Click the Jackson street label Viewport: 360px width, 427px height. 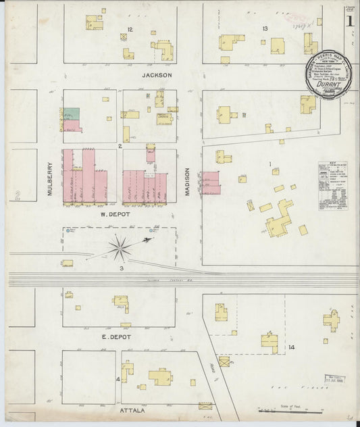pos(157,76)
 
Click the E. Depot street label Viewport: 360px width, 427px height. pos(116,336)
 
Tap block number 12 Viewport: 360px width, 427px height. pos(130,29)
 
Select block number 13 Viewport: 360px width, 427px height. pos(265,28)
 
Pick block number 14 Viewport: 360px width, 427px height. pos(291,347)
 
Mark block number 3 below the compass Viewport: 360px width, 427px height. pos(121,269)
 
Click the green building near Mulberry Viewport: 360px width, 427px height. pos(72,114)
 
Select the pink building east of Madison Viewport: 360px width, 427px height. pos(211,182)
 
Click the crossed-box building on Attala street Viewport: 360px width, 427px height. pos(205,407)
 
